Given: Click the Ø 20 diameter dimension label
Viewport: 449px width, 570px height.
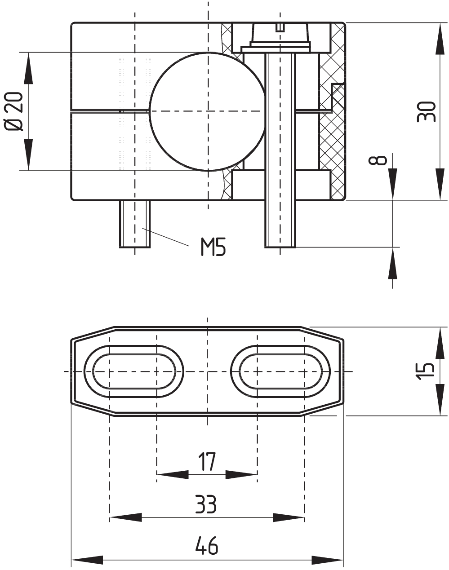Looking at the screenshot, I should pos(13,111).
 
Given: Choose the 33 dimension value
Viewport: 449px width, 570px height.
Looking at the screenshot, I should pos(206,504).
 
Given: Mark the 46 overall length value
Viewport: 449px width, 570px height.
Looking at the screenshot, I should pos(206,546).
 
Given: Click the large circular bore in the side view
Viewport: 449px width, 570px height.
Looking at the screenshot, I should pos(207,111).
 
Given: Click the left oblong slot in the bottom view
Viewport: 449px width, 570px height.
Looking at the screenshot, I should pos(134,371).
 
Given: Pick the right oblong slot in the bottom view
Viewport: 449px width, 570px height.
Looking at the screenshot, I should pos(280,371).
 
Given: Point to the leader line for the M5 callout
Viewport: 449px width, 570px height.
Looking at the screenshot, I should pos(166,238).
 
